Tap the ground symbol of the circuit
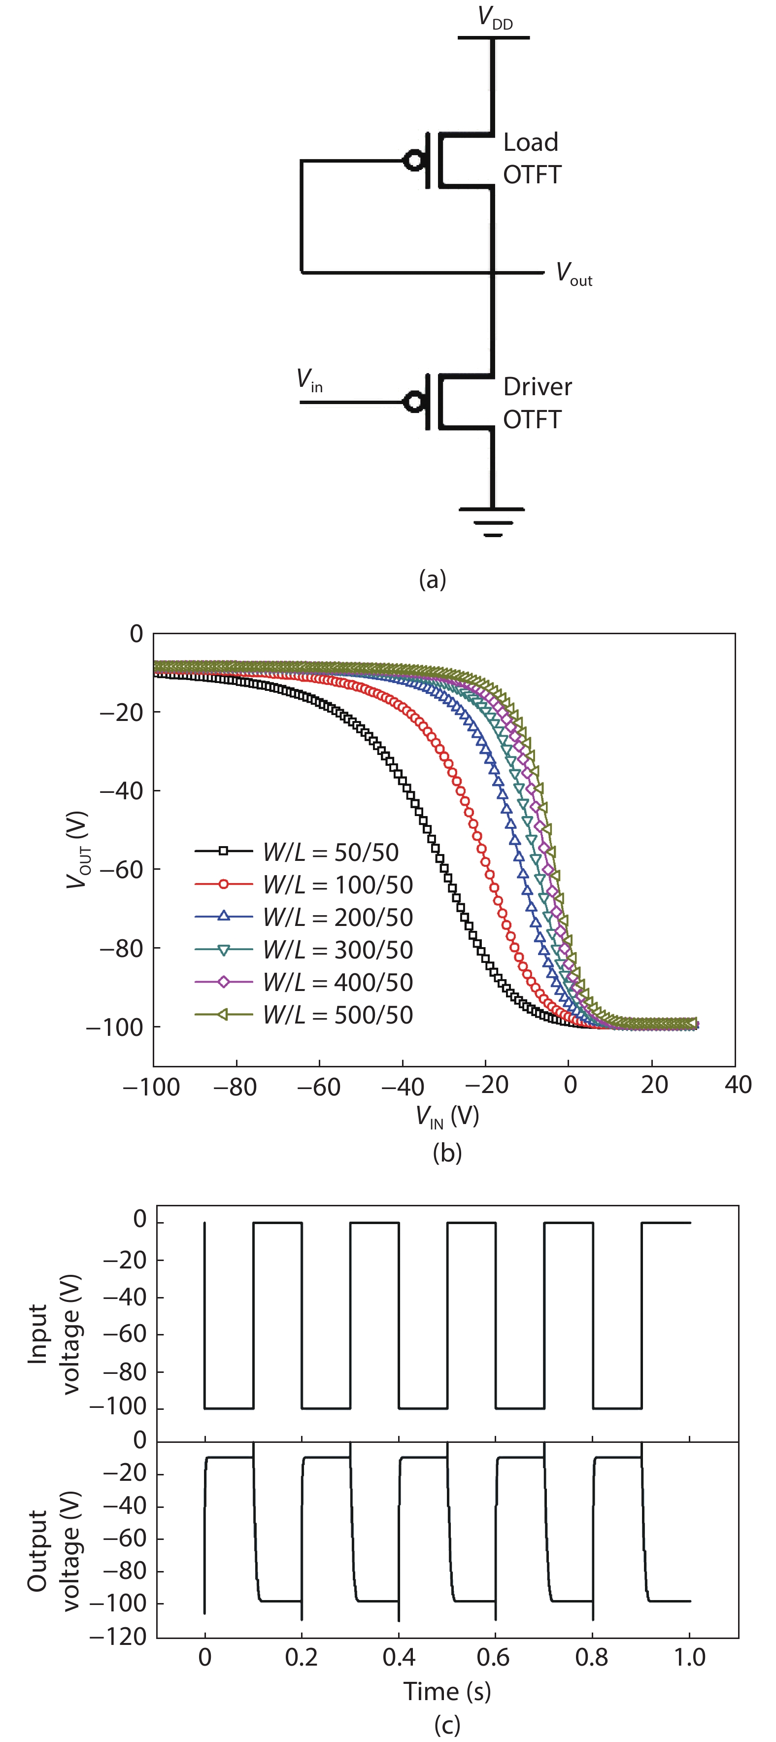tap(493, 521)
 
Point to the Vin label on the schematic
tap(309, 381)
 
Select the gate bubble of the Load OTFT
tap(413, 161)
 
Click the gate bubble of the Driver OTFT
tap(413, 402)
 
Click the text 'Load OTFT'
tap(532, 158)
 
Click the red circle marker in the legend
tap(223, 884)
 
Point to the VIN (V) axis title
tap(447, 1117)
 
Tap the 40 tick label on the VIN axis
tap(738, 1085)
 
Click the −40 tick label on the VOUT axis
tap(122, 790)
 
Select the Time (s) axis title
tap(447, 1691)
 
